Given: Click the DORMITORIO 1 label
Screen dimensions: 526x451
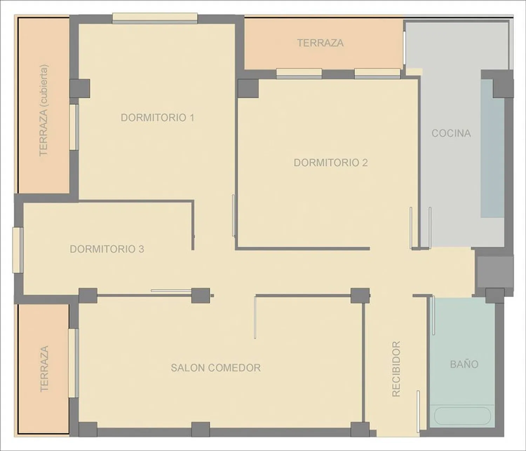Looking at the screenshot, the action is (157, 117).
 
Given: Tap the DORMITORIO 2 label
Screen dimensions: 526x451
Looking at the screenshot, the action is (331, 163).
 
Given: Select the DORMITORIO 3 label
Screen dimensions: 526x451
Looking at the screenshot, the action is (107, 249).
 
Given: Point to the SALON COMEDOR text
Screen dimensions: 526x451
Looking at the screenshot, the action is (216, 368).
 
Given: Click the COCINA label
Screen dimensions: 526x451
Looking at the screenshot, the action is (451, 133).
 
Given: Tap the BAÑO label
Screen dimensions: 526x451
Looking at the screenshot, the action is (464, 364).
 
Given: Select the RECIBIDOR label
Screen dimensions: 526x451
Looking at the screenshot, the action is (396, 369).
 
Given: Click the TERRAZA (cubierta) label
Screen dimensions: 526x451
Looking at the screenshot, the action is (43, 110).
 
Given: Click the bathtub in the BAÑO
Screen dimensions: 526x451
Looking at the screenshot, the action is (462, 416).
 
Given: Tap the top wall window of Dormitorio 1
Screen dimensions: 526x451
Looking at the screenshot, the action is (155, 18).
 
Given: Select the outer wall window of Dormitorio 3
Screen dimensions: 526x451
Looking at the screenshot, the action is (18, 250).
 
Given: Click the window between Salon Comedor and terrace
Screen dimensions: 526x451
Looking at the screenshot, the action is (73, 363).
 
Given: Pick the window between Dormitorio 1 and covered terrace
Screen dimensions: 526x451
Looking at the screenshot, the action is (74, 127).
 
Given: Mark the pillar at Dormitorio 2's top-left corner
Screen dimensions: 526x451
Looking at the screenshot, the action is (248, 89).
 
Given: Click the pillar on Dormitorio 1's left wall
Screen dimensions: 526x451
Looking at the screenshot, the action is (80, 89).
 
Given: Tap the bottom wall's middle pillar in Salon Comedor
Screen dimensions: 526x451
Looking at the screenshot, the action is (201, 429).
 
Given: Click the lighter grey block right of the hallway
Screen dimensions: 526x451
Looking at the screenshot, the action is (495, 272).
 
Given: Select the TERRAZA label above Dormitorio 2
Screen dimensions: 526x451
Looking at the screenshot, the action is (321, 43).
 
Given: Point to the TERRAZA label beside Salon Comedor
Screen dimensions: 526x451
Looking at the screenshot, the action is (44, 369).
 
